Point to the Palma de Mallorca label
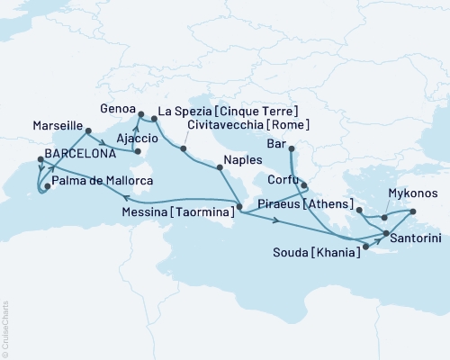click(x=102, y=181)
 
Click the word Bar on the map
click(x=278, y=143)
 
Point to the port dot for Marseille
click(x=87, y=131)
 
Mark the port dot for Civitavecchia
click(x=183, y=148)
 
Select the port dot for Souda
click(x=365, y=244)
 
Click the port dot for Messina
click(x=239, y=207)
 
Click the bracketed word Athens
click(x=329, y=205)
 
